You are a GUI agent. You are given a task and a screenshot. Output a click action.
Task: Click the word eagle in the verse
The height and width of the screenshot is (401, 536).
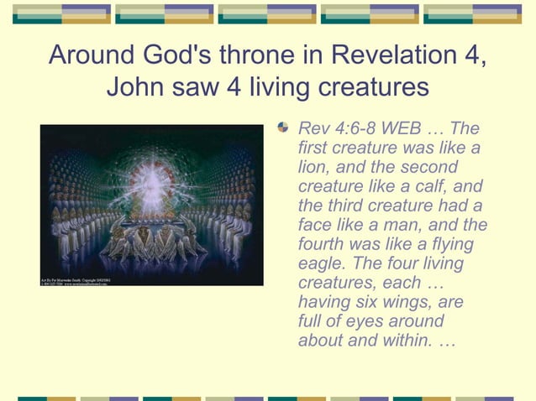click(319, 263)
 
